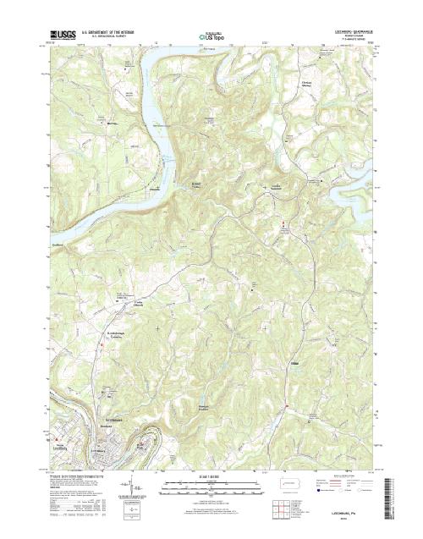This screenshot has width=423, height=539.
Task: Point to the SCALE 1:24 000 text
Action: click(211, 477)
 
